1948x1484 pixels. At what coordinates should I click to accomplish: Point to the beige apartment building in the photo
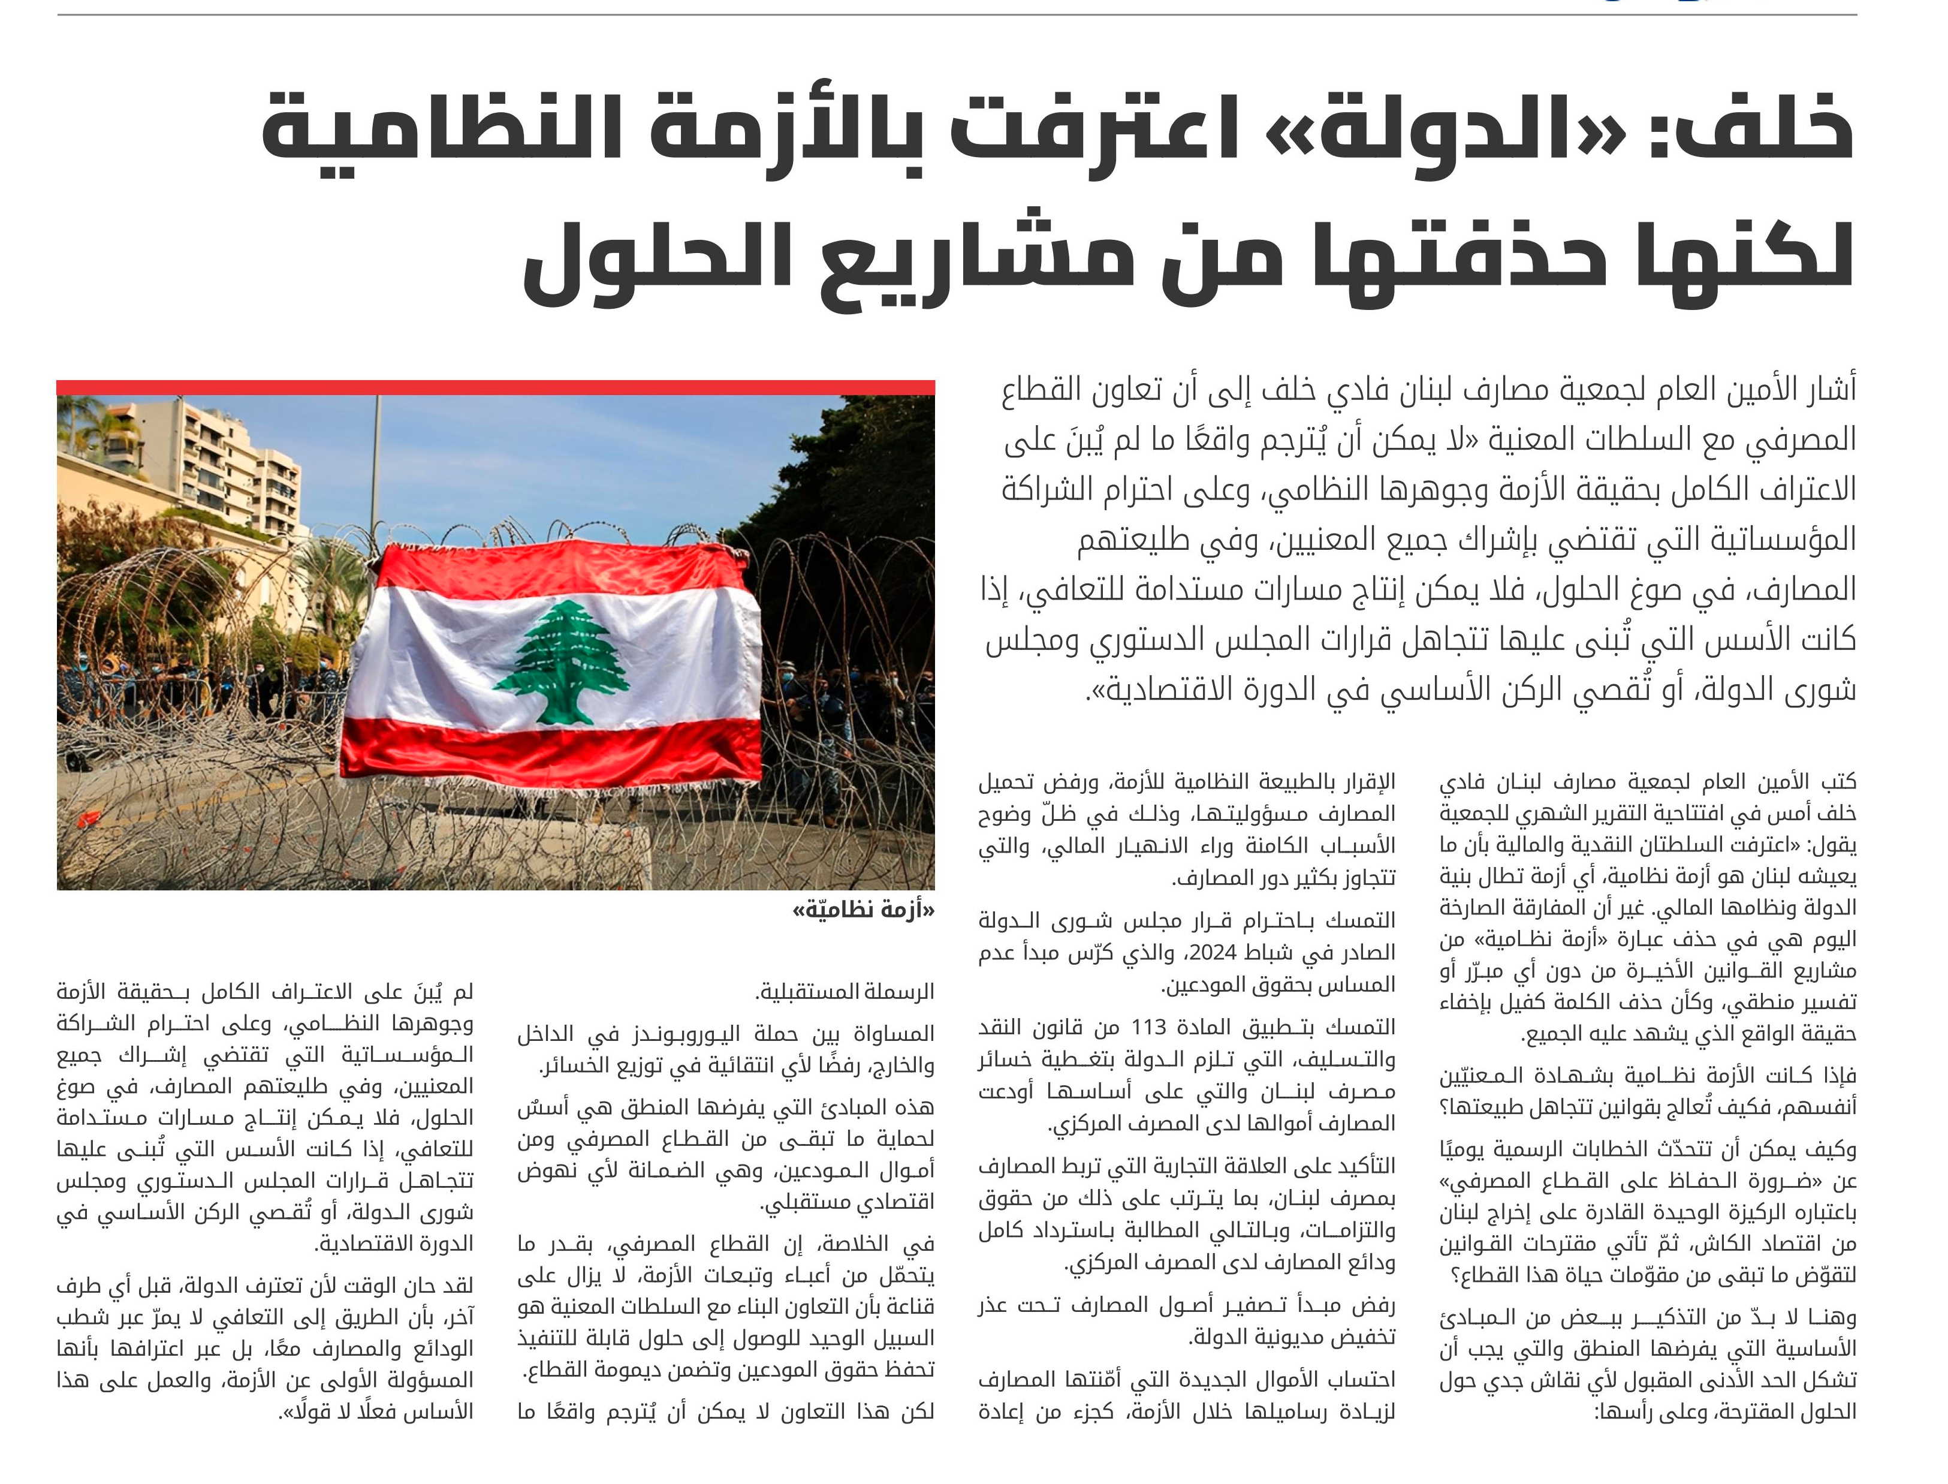click(x=221, y=468)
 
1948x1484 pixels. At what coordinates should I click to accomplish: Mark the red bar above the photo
click(x=495, y=387)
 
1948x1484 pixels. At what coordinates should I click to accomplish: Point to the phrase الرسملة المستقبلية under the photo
click(x=845, y=992)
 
